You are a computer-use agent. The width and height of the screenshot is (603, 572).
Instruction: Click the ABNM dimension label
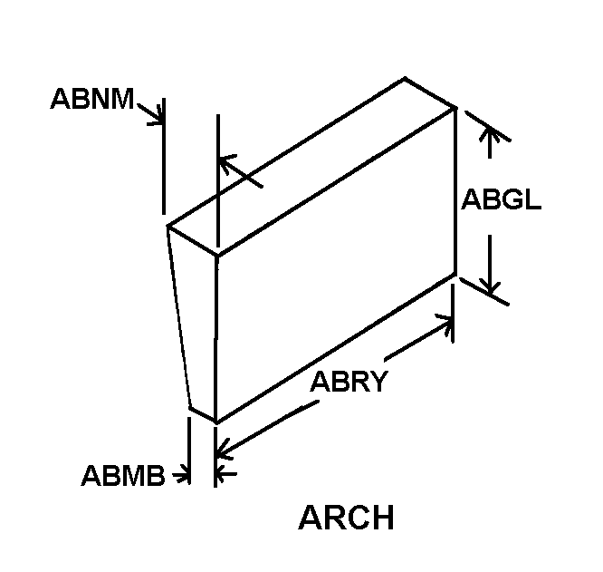(92, 99)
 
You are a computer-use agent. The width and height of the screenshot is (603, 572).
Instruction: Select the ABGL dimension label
(501, 199)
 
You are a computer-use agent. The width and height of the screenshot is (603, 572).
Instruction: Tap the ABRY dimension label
(349, 382)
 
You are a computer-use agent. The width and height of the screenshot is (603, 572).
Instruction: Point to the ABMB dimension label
(123, 475)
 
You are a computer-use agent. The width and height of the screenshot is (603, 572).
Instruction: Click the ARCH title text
(346, 518)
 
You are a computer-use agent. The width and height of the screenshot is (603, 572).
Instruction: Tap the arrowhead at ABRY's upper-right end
(445, 323)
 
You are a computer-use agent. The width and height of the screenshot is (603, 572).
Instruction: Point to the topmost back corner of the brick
(405, 78)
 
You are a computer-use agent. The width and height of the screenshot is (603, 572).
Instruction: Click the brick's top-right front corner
(455, 108)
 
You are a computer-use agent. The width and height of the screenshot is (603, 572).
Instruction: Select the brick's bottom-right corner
(455, 274)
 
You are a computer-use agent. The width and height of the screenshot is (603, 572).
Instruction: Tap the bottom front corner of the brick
(216, 422)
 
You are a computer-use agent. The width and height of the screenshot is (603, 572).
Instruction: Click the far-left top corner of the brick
(167, 226)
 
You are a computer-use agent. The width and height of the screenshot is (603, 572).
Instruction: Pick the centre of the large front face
(336, 265)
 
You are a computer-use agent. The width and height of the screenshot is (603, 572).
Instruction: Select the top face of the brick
(311, 166)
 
